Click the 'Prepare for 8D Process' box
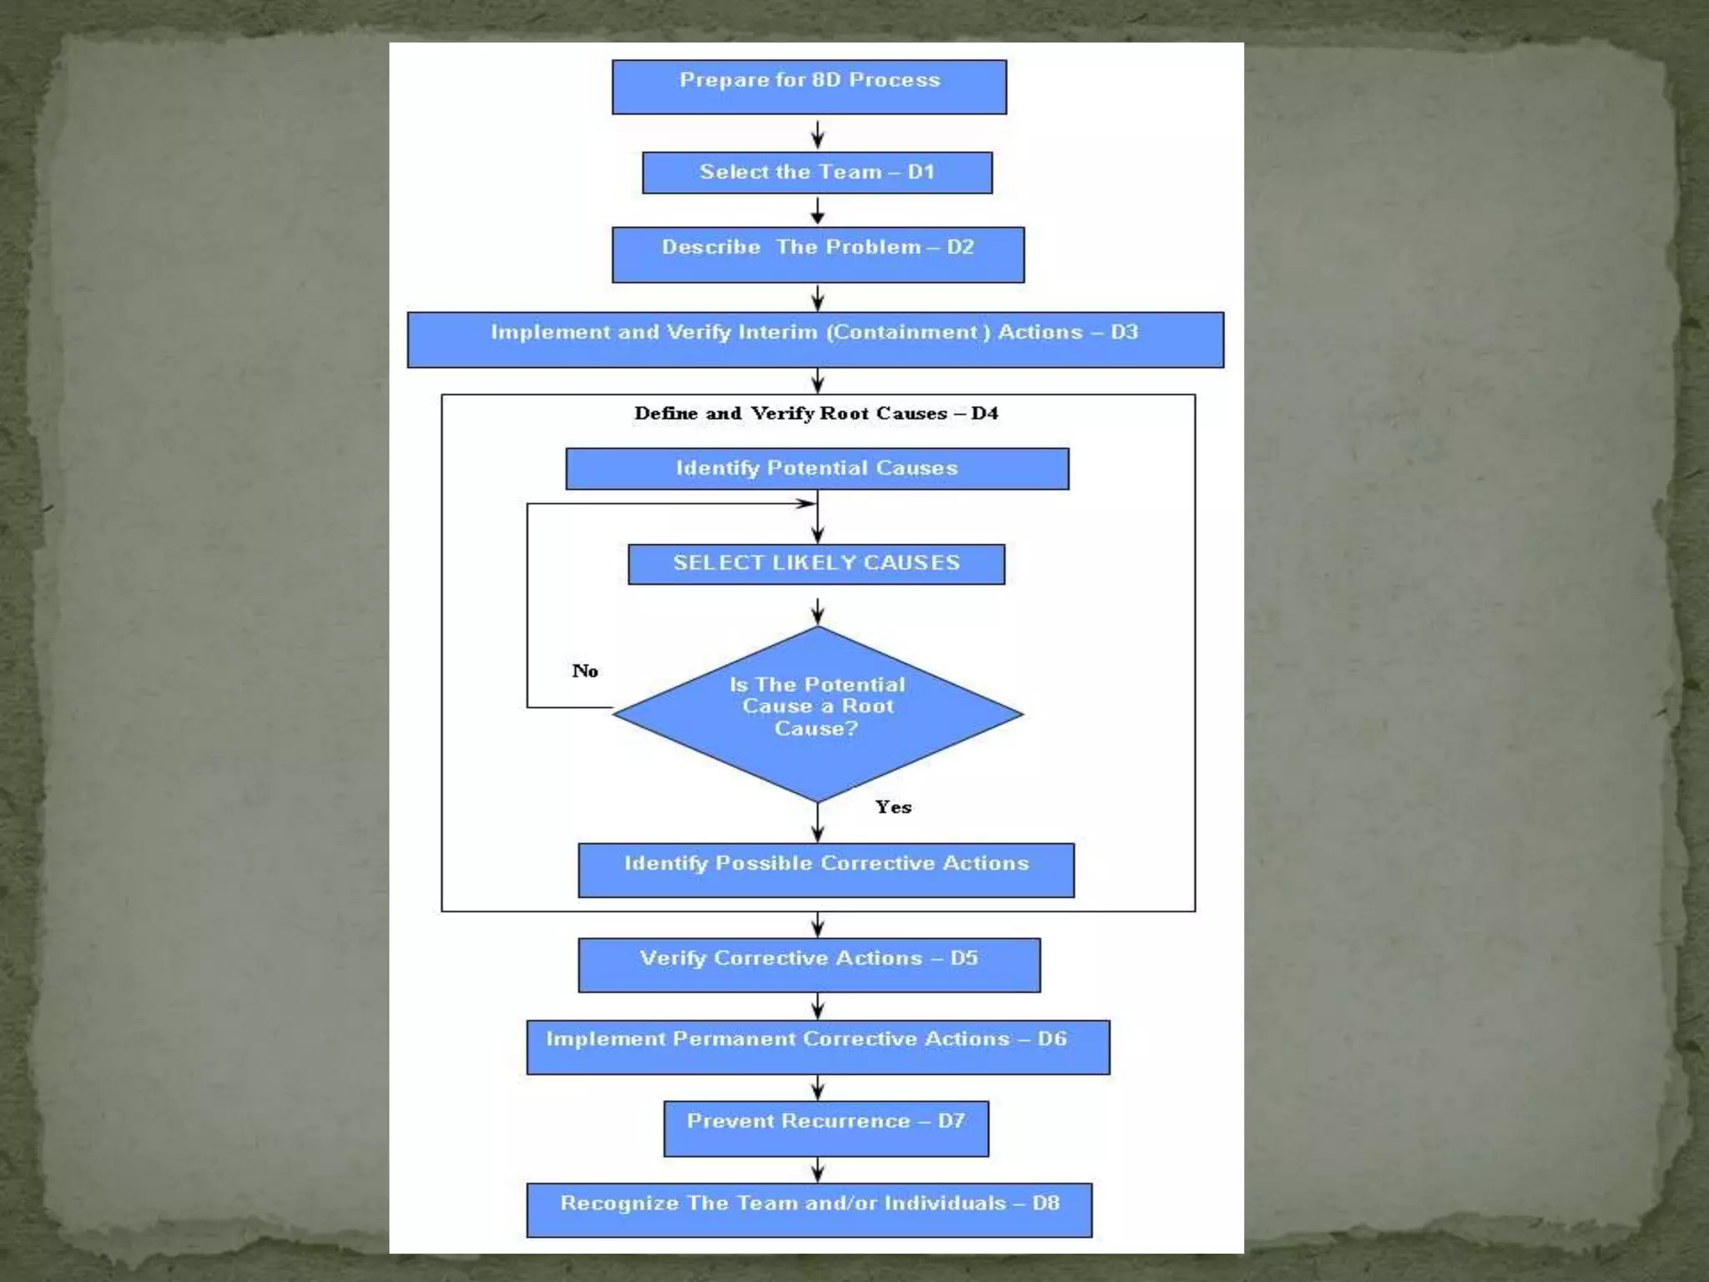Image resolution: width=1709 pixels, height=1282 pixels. pyautogui.click(x=809, y=87)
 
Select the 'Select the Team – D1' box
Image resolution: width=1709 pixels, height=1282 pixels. pyautogui.click(x=817, y=173)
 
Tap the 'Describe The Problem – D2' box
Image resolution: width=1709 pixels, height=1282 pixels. pyautogui.click(x=818, y=255)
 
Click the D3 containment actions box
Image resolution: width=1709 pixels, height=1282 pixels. pyautogui.click(x=815, y=340)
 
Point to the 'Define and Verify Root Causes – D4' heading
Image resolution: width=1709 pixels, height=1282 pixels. pyautogui.click(x=815, y=413)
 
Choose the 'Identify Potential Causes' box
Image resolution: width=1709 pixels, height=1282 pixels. pyautogui.click(x=817, y=468)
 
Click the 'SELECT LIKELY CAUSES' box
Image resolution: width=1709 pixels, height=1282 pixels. pyautogui.click(x=816, y=564)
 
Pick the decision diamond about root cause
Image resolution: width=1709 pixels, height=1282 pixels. pyautogui.click(x=817, y=714)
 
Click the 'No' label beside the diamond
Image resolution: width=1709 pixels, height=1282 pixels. pyautogui.click(x=585, y=671)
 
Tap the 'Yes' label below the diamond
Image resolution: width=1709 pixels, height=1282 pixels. pyautogui.click(x=893, y=807)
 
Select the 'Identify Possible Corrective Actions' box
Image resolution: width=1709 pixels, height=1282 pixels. pyautogui.click(x=826, y=871)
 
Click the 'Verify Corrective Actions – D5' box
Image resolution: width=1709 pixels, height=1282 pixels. pyautogui.click(x=809, y=965)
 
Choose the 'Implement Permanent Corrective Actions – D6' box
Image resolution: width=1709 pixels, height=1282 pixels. pyautogui.click(x=818, y=1047)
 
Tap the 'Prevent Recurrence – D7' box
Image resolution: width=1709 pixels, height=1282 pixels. pyautogui.click(x=826, y=1128)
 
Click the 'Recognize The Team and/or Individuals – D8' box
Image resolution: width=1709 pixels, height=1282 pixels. pyautogui.click(x=809, y=1210)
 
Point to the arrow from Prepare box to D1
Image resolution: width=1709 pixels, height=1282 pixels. pyautogui.click(x=818, y=134)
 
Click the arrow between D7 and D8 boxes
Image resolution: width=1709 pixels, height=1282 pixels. pyautogui.click(x=818, y=1169)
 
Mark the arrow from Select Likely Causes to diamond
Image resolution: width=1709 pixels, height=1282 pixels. pyautogui.click(x=818, y=611)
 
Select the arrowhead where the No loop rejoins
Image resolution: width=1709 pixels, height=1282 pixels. pyautogui.click(x=805, y=503)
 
